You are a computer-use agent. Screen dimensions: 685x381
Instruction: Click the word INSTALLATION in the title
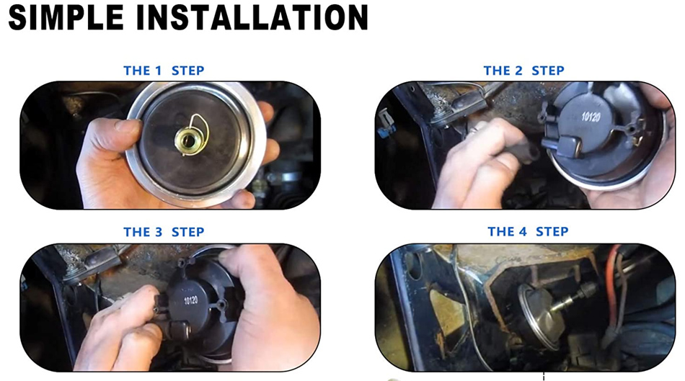(252, 17)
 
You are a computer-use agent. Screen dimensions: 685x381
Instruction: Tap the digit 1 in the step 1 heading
(158, 71)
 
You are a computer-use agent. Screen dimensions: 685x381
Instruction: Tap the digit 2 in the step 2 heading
(518, 71)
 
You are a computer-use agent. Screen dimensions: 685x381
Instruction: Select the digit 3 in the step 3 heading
(158, 232)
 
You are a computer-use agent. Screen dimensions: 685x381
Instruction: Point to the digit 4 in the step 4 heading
(522, 231)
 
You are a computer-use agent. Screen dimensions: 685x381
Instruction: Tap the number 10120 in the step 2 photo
(591, 117)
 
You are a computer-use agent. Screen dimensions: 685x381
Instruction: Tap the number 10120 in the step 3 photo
(191, 300)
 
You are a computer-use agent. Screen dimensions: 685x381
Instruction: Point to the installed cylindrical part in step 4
(540, 314)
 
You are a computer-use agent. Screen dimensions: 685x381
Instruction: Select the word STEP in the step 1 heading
(188, 71)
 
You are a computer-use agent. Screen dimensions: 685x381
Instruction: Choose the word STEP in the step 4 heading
(552, 231)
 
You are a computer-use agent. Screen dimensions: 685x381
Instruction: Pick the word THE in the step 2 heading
(496, 71)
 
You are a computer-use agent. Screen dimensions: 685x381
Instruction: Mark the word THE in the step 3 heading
(136, 232)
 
